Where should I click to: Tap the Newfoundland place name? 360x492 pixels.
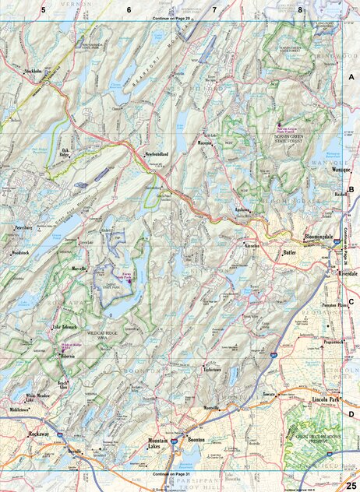162,155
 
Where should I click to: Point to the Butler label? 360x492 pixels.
290,254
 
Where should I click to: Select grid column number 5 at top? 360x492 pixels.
44,9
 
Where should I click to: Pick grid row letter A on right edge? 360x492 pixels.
351,77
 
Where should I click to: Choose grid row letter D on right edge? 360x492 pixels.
351,415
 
